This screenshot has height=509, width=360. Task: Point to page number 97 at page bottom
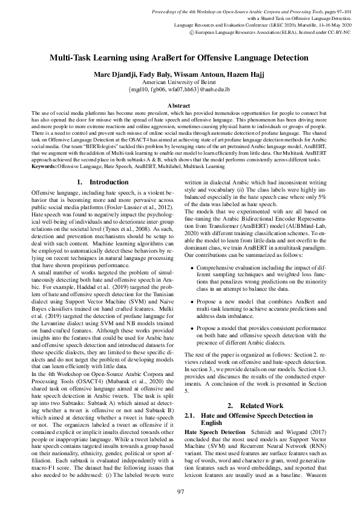180,492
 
